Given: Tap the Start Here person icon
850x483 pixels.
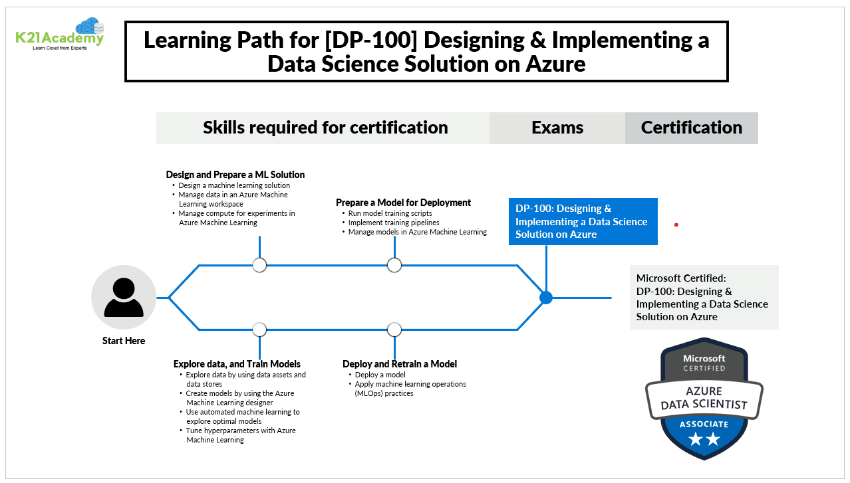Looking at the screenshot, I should [x=124, y=298].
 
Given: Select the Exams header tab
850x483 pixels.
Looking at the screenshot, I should [x=557, y=128].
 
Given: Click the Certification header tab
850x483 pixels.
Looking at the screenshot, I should [x=691, y=128].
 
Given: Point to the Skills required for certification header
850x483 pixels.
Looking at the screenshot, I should [x=325, y=128].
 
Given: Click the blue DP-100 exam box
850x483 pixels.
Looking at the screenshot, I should [x=583, y=221].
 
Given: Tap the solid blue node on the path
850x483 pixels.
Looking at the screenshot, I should [x=546, y=298].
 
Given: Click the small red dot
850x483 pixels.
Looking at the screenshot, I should [x=676, y=225].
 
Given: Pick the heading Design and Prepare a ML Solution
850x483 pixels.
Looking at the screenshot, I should [x=235, y=175].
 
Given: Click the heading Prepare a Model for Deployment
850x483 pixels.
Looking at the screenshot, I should [x=403, y=203].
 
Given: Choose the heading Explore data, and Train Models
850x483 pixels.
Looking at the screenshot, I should [x=237, y=364].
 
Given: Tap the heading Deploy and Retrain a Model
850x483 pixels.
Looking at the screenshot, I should [x=400, y=364].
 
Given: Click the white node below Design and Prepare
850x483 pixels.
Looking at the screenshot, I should [x=260, y=265].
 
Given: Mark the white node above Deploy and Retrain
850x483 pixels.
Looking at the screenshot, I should [x=394, y=330].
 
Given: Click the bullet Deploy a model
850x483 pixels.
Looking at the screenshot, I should [x=380, y=375].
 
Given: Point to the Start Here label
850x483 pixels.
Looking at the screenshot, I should [x=124, y=341].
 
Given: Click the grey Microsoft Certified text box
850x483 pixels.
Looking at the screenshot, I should [x=704, y=298].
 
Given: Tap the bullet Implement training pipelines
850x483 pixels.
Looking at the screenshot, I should [x=394, y=223].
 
